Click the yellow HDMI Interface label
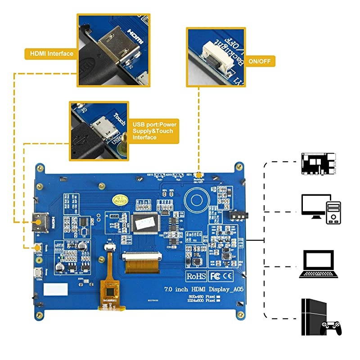(51, 54)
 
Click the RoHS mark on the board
(196, 274)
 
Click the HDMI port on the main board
(40, 222)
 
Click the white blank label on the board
(57, 288)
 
